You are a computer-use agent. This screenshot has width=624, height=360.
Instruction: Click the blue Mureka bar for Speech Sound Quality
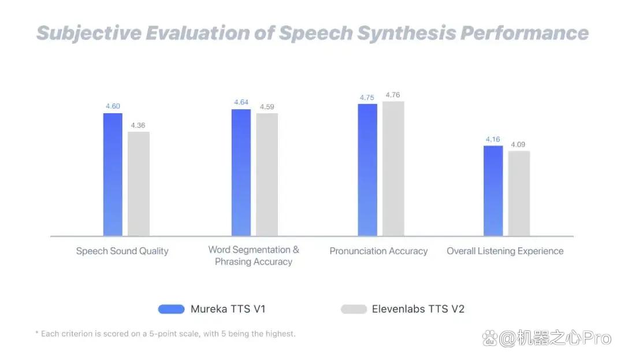113,175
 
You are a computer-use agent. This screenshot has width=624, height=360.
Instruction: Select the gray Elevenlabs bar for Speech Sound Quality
139,184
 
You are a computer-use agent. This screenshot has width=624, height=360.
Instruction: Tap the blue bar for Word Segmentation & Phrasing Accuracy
241,173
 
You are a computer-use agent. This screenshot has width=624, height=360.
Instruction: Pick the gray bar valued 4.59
267,175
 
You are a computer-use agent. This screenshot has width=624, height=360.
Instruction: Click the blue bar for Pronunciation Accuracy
367,170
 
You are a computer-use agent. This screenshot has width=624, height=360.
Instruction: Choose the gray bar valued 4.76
393,169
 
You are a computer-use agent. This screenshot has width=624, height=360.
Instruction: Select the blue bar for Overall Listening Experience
493,191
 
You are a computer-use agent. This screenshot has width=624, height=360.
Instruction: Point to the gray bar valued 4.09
519,194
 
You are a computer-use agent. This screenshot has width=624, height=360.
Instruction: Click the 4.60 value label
113,106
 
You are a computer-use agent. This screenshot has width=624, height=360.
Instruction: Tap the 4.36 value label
138,125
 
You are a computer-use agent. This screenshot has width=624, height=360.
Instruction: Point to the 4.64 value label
241,102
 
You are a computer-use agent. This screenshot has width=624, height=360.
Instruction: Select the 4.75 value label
367,98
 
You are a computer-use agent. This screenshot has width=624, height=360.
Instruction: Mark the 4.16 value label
493,139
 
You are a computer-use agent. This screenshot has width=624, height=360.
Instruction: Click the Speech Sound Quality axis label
122,251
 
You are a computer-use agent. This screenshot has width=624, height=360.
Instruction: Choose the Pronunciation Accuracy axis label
378,251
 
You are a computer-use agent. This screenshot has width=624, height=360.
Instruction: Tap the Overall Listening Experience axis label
505,251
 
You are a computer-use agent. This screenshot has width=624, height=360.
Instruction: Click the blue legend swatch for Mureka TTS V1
171,309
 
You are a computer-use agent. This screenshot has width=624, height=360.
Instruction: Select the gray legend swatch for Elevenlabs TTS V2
354,309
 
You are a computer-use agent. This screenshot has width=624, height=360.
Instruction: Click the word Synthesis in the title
406,33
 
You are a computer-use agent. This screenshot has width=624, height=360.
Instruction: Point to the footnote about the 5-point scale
166,334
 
